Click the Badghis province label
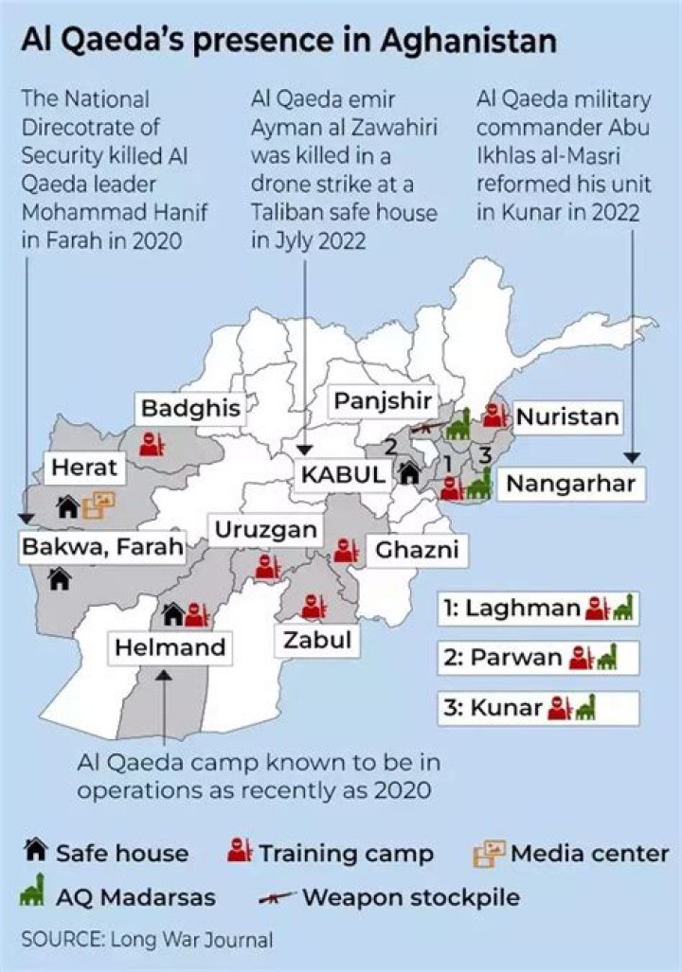pos(190,409)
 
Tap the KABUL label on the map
pos(343,474)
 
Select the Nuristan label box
pos(566,416)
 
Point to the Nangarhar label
pos(570,484)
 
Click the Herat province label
pos(84,467)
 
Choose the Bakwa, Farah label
pos(102,546)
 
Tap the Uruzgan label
pos(264,530)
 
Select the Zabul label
pos(317,641)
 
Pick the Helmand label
pos(170,648)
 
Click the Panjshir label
pos(383,401)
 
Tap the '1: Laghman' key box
pos(538,609)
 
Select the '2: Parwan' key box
pos(538,658)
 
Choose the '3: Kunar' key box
pos(538,707)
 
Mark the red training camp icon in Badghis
pos(153,443)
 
